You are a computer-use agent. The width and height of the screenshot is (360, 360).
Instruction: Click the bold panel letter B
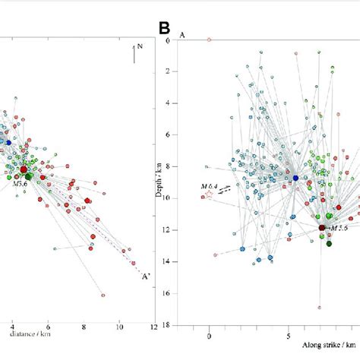pyautogui.click(x=164, y=29)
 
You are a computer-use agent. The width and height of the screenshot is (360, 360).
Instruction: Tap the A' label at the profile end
pyautogui.click(x=141, y=277)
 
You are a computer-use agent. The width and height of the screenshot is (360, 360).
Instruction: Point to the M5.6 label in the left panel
pyautogui.click(x=20, y=183)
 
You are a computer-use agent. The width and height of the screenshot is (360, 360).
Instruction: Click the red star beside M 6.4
pyautogui.click(x=209, y=195)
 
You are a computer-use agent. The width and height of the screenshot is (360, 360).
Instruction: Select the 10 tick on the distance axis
pyautogui.click(x=118, y=326)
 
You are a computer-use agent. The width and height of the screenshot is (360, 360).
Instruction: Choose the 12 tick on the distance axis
pyautogui.click(x=154, y=326)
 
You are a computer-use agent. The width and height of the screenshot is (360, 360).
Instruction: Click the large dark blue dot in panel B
pyautogui.click(x=296, y=178)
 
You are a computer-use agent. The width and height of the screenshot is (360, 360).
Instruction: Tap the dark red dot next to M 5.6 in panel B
pyautogui.click(x=322, y=227)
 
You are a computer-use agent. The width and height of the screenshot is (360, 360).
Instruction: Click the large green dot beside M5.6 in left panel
pyautogui.click(x=29, y=175)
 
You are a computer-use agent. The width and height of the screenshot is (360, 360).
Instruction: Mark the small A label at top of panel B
pyautogui.click(x=182, y=35)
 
